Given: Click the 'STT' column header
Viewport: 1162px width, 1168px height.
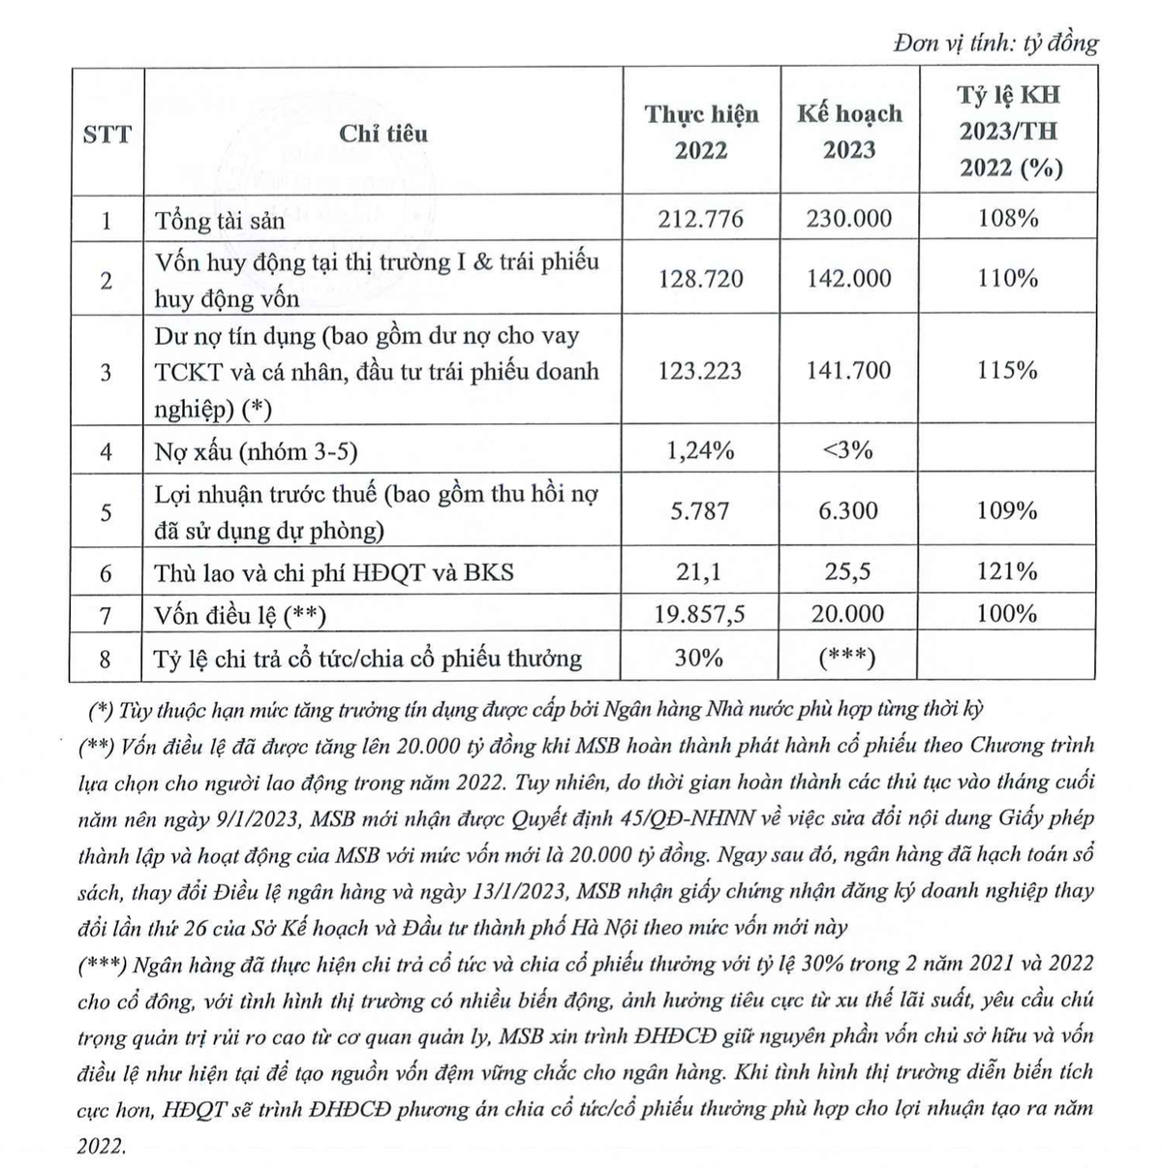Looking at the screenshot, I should tap(107, 134).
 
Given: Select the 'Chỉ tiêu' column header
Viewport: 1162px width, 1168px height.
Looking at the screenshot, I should tap(382, 133).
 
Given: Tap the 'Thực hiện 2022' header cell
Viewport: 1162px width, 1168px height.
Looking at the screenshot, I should tap(702, 132).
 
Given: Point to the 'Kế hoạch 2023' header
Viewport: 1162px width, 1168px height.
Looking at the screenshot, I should tap(849, 132).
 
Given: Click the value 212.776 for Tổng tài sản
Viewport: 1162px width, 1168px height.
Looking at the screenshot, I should tap(701, 218).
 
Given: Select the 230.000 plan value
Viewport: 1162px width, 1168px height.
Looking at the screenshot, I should tap(849, 218).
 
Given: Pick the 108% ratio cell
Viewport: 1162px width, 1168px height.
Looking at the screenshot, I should tap(1007, 218).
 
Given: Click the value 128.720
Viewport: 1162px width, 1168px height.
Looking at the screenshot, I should tap(701, 279).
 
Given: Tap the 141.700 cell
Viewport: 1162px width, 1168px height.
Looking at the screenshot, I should tap(849, 370).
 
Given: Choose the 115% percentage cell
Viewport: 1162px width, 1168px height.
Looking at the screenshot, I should tap(1007, 370).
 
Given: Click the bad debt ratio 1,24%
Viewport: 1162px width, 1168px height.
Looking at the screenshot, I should tap(701, 449).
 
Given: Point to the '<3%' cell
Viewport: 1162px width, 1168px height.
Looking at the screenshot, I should tap(848, 449).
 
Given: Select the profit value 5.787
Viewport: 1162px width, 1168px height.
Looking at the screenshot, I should tap(701, 510).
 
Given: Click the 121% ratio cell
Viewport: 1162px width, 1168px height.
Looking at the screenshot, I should tap(1007, 571).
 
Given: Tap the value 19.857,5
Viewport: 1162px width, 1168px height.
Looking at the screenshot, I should tap(701, 614).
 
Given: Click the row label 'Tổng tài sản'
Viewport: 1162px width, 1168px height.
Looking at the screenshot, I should tap(220, 221).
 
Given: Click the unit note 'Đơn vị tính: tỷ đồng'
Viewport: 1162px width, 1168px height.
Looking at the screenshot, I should tap(996, 44).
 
